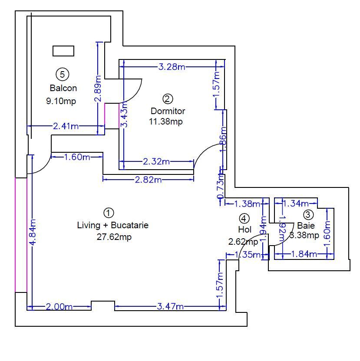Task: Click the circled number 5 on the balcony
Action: pos(63,74)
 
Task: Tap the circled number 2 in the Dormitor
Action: pos(168,98)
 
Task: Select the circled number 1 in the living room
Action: pos(109,213)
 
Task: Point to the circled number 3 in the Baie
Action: pos(308,214)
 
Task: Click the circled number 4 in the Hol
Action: pos(244,218)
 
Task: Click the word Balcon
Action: pos(63,88)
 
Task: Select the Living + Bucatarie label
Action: pos(112,225)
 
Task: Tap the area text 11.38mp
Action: pos(166,121)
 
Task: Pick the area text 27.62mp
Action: pos(114,237)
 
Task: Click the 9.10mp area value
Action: pos(61,101)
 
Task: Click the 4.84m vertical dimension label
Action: pos(33,234)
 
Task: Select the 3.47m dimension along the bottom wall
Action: pos(170,307)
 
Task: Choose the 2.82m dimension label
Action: pos(148,180)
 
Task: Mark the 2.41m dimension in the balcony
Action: pos(66,126)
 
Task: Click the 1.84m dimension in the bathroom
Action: pos(303,254)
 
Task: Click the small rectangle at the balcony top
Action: pos(63,51)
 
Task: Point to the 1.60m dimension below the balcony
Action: pos(77,157)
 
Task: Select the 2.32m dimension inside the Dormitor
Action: pos(156,162)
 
